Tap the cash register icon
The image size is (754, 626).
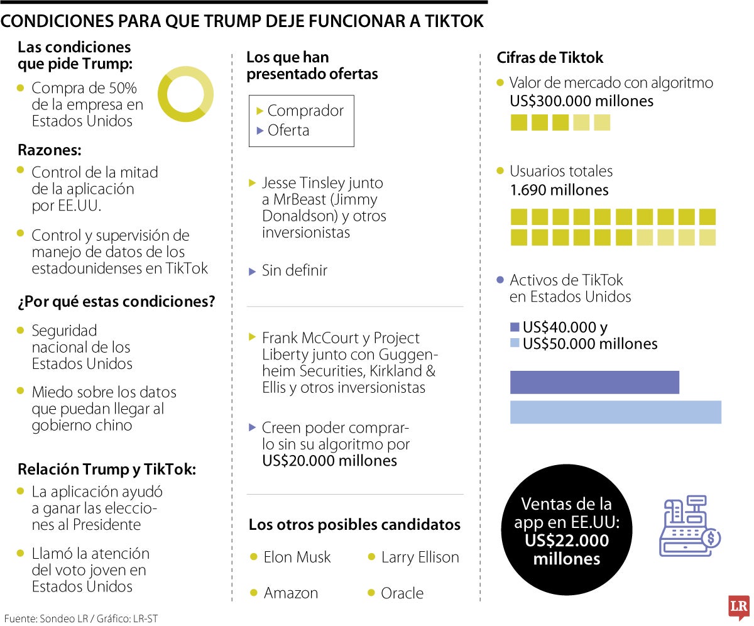689,526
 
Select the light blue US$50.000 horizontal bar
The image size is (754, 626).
615,412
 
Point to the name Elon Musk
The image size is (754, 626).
297,557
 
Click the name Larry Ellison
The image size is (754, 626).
420,557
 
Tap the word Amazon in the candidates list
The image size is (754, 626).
291,593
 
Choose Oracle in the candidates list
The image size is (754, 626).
402,593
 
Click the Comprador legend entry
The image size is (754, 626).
305,111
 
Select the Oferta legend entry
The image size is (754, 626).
288,130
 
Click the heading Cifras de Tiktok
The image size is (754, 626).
550,58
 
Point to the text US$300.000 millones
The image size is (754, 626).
582,101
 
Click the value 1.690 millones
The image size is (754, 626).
559,190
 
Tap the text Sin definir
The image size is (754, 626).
294,271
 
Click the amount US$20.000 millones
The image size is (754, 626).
329,461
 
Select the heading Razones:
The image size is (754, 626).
50,151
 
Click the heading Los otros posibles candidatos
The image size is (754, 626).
354,525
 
